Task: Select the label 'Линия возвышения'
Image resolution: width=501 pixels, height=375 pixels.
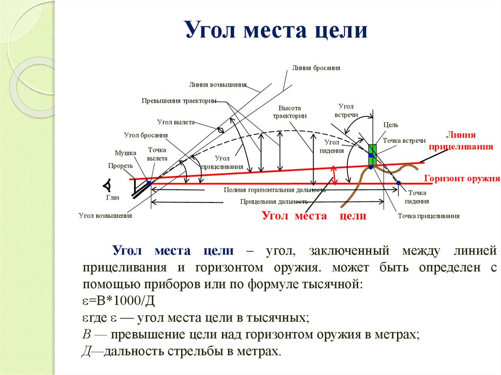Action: (218, 85)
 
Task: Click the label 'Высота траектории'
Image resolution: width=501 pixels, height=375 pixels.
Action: (290, 112)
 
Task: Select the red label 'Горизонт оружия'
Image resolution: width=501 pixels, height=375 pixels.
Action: (461, 178)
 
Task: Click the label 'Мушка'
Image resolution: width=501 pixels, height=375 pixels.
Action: (125, 153)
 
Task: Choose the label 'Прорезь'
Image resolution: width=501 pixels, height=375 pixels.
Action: (121, 166)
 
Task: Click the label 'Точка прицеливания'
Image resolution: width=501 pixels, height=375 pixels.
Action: (428, 216)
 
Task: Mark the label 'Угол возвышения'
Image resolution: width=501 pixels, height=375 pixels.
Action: (105, 216)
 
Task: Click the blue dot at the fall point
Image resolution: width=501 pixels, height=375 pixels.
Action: (399, 183)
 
